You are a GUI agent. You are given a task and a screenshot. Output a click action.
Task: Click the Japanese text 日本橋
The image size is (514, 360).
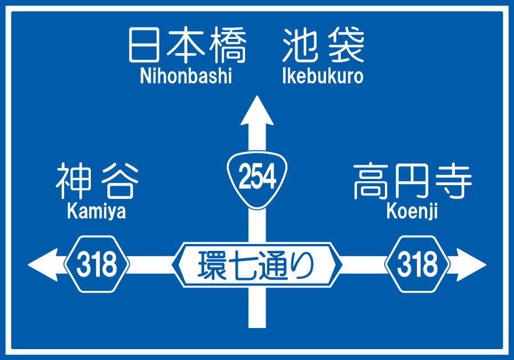coord(187,46)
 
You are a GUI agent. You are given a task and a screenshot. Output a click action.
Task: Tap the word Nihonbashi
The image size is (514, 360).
coord(186,76)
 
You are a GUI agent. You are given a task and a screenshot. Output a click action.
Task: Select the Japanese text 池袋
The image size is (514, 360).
coord(323,46)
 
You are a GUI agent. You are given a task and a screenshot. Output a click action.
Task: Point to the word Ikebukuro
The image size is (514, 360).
coord(323,76)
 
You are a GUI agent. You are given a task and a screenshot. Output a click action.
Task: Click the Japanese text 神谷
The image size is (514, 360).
coord(97,181)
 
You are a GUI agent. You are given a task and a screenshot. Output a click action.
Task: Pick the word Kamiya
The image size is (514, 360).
coord(97,211)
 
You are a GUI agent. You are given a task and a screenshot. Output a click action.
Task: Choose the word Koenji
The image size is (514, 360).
coord(412,211)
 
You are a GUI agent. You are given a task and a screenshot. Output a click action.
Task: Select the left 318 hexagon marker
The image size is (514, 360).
coord(97,265)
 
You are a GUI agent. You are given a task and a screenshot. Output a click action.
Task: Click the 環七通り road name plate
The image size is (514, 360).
coord(257,265)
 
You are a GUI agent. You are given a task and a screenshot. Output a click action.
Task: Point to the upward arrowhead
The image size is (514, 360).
coord(257,111)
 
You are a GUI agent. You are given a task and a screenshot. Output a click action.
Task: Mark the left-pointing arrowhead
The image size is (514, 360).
coord(43,265)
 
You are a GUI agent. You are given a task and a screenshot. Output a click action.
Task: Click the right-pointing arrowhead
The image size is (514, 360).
coord(471,265)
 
